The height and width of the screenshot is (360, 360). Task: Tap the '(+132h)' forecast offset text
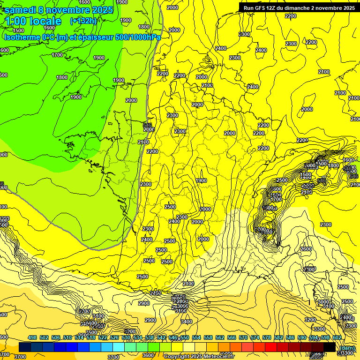[x=83, y=21]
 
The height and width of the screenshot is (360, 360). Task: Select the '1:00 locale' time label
[x=32, y=21]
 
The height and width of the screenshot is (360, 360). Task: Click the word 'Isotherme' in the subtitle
[x=22, y=37]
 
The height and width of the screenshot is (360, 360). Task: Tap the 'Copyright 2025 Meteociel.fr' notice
[x=199, y=357]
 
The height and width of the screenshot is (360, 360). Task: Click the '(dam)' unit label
[x=347, y=348]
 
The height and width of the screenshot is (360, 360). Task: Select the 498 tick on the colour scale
[x=32, y=338]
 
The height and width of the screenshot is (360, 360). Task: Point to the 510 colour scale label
[x=67, y=338]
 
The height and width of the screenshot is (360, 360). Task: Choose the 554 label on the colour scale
[x=196, y=338]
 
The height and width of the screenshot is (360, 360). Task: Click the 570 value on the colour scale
[x=243, y=338]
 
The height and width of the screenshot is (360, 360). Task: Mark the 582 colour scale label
[x=278, y=338]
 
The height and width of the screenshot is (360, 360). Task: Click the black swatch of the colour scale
[x=330, y=347]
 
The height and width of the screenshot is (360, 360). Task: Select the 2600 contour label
[x=306, y=249]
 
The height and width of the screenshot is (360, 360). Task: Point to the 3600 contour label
[x=148, y=355]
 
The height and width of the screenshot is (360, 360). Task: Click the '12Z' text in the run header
[x=271, y=8]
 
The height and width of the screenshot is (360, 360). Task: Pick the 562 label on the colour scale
[x=220, y=338]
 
